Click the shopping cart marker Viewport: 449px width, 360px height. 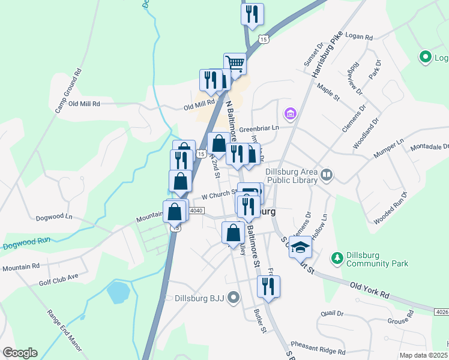click(235, 63)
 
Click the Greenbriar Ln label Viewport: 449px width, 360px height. click(259, 128)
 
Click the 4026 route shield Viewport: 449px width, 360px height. click(441, 310)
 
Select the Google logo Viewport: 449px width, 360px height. click(20, 353)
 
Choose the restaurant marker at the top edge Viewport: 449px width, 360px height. click(252, 13)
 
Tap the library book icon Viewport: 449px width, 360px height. click(327, 175)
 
